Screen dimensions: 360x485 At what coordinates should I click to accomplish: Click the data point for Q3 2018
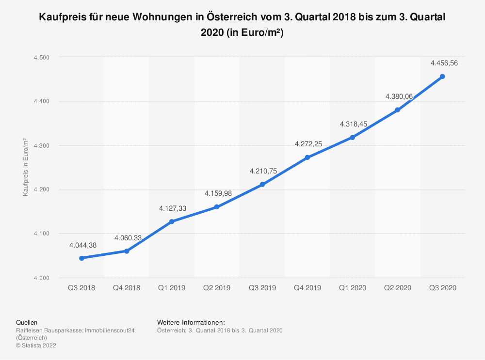(x=81, y=258)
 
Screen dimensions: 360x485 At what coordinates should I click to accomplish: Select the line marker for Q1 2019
(x=172, y=221)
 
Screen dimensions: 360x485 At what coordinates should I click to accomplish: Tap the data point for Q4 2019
(x=307, y=157)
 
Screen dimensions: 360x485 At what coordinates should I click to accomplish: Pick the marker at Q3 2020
(x=442, y=77)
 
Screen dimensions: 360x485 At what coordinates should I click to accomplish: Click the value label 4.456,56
(x=444, y=63)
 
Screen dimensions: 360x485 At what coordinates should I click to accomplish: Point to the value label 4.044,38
(x=83, y=245)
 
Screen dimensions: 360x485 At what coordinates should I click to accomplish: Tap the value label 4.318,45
(x=354, y=124)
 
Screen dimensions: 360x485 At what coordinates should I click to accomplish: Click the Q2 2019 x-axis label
(x=217, y=288)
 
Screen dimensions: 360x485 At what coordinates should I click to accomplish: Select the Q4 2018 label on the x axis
(x=127, y=288)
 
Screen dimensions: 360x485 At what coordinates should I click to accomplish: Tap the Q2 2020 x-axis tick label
(x=397, y=288)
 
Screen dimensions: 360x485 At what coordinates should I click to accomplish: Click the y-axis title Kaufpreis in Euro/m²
(x=25, y=167)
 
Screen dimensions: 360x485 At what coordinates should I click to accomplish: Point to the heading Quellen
(x=27, y=322)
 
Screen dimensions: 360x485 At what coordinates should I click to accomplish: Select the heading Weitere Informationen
(x=191, y=322)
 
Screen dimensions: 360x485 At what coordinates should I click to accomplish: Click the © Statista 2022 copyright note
(x=36, y=345)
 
